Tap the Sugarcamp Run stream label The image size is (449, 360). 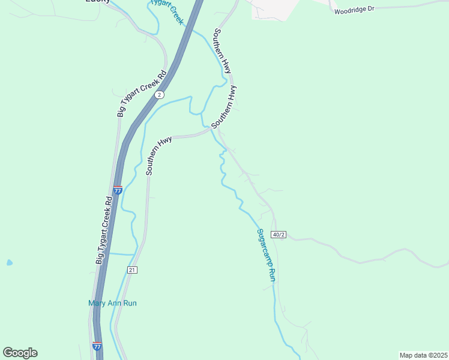(265, 255)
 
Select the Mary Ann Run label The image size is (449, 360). (112, 303)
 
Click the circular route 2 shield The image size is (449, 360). (158, 95)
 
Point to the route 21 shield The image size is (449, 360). (132, 270)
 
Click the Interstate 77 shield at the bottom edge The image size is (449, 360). (97, 346)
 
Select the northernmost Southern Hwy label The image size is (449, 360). (222, 51)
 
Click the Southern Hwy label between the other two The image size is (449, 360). (224, 106)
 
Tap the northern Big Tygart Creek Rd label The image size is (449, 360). (142, 94)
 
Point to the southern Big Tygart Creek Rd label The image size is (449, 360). (105, 230)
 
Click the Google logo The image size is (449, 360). (20, 353)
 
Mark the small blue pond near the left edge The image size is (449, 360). (9, 263)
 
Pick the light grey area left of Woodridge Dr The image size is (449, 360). (275, 9)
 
